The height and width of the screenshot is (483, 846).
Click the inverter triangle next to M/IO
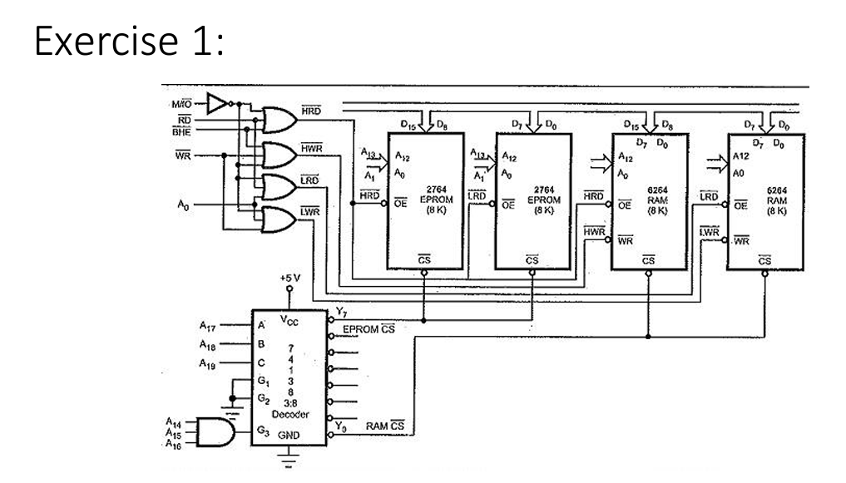point(218,103)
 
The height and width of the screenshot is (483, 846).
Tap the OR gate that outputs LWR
point(280,219)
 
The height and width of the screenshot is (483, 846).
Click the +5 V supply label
point(289,277)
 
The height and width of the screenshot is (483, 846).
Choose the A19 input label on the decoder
point(210,363)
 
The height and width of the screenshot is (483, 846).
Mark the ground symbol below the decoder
point(289,458)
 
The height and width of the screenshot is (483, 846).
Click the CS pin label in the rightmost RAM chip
point(764,260)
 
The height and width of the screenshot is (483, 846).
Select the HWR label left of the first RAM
point(592,230)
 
